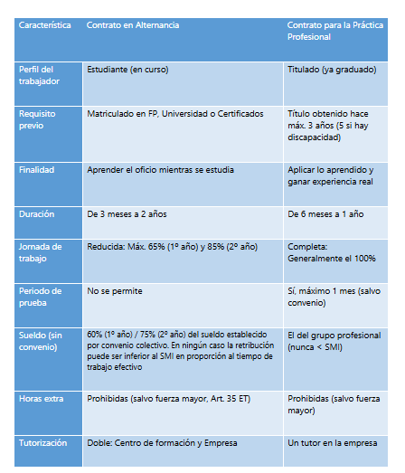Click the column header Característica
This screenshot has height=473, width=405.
click(x=44, y=25)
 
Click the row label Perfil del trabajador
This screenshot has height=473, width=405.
click(x=40, y=75)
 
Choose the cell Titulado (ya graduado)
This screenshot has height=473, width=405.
click(x=331, y=70)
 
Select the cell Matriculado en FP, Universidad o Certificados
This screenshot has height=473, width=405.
click(x=175, y=115)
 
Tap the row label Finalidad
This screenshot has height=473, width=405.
click(x=38, y=169)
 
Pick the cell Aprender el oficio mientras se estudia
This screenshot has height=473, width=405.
click(x=162, y=169)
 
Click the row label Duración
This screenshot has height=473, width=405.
click(x=37, y=214)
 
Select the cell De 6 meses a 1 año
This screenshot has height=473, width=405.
click(x=325, y=214)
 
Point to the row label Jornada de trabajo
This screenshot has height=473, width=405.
click(x=42, y=252)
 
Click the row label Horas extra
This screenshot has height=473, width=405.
click(x=42, y=399)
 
